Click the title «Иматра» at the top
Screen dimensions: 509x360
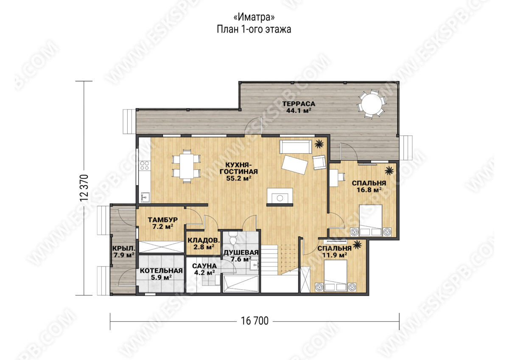254,17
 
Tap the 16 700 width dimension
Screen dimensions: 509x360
255,321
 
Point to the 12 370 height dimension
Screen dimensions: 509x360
84,188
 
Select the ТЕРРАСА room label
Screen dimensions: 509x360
299,104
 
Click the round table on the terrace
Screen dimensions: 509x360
371,104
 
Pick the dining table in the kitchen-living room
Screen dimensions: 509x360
187,166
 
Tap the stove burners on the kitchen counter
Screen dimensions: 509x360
145,166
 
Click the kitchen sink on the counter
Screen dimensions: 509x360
145,197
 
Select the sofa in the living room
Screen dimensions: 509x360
296,147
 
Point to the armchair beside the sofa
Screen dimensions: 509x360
319,162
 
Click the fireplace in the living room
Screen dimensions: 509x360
280,197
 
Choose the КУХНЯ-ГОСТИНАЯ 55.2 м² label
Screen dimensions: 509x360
238,172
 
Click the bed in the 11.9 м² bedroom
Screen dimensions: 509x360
336,275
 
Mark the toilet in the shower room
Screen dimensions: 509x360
233,238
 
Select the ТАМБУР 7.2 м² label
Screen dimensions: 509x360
163,223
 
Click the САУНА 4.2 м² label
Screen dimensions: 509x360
204,269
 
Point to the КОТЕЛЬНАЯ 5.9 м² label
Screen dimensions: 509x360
161,274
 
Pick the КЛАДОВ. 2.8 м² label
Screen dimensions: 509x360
204,243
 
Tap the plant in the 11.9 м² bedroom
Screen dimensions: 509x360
357,245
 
